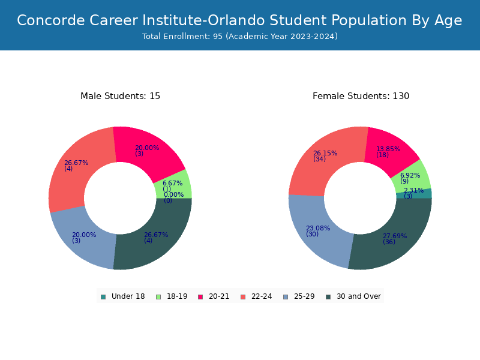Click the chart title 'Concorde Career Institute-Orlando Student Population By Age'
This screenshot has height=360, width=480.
pos(239,20)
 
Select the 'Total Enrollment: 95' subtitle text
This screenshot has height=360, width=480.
pos(182,36)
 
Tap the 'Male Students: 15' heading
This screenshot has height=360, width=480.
pos(120,96)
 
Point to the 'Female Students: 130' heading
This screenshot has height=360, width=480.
pos(361,96)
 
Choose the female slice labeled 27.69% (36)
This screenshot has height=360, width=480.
pos(394,239)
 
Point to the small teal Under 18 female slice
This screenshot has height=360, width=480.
pos(414,193)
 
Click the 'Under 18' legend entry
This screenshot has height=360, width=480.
pos(123,296)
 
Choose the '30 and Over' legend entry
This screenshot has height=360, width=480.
pos(353,296)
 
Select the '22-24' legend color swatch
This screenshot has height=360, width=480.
pos(243,297)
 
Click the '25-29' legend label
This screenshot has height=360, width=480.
pos(304,296)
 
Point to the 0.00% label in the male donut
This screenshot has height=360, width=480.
pos(173,194)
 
